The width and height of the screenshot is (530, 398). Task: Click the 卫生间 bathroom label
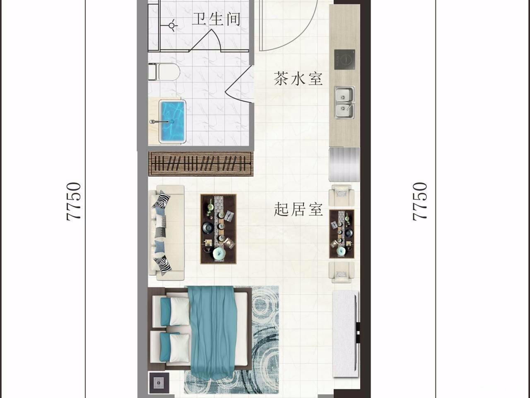coord(216,19)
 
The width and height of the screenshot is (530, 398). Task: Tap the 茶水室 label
coord(298,78)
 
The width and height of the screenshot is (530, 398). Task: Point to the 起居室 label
coord(299,209)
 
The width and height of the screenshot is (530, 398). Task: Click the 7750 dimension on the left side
coord(73,201)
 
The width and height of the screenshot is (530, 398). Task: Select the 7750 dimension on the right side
coord(419,201)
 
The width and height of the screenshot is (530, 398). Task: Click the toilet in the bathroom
coord(164,72)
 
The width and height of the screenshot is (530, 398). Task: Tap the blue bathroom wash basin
coord(172,121)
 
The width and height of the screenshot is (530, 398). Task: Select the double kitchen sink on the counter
coord(344,102)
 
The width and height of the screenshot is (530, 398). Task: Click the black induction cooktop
coord(344,60)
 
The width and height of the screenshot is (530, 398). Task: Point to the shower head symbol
coord(172,25)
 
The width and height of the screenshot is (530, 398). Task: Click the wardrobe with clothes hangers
coord(201,164)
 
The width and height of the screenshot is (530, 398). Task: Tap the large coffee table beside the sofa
coord(218,229)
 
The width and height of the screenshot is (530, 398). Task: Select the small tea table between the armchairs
coord(342,234)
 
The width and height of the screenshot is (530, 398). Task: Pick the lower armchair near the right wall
coord(342,272)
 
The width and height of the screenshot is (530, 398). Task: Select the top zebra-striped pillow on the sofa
coord(161,199)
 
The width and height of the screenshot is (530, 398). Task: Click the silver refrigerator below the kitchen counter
coord(344,165)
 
